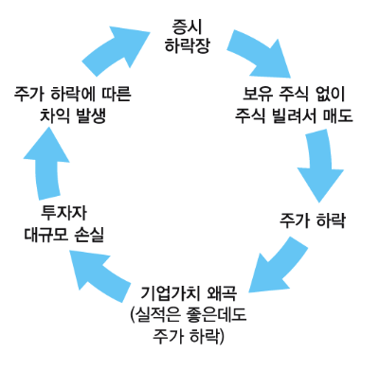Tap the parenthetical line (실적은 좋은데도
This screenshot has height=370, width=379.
[x=188, y=311]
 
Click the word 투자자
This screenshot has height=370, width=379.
[x=63, y=211]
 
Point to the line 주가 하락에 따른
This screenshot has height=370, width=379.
[x=72, y=95]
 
